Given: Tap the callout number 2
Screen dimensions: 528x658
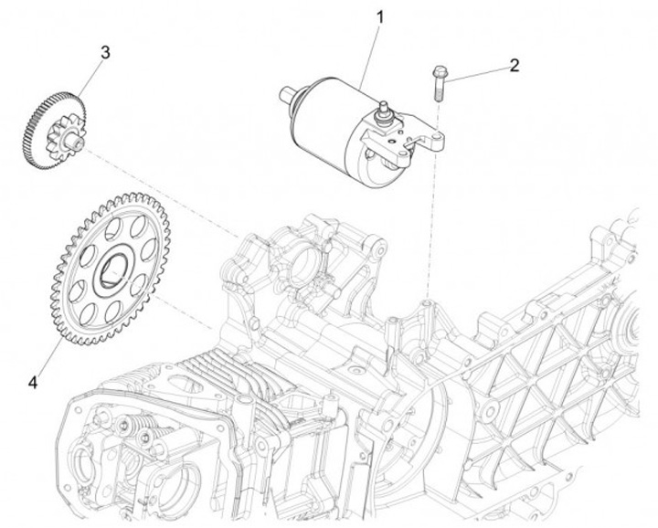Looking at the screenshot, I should [515, 65].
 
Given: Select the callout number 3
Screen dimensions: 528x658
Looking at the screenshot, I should [106, 52].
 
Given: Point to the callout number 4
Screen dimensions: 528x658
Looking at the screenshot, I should [34, 382].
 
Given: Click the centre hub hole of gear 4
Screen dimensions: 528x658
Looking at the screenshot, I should [116, 269].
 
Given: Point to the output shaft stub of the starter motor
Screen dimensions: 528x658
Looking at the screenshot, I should [288, 91].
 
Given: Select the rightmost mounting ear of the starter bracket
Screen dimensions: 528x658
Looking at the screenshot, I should [438, 139].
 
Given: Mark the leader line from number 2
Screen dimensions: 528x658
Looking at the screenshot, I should [478, 73].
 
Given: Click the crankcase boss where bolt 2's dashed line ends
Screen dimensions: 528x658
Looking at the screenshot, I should [427, 301].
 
